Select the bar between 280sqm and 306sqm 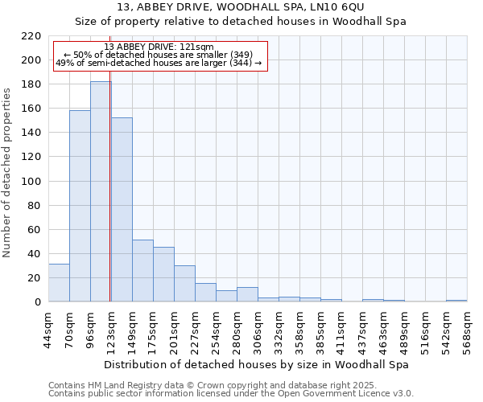247,294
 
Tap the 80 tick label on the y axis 34,206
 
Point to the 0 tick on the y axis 37,302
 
